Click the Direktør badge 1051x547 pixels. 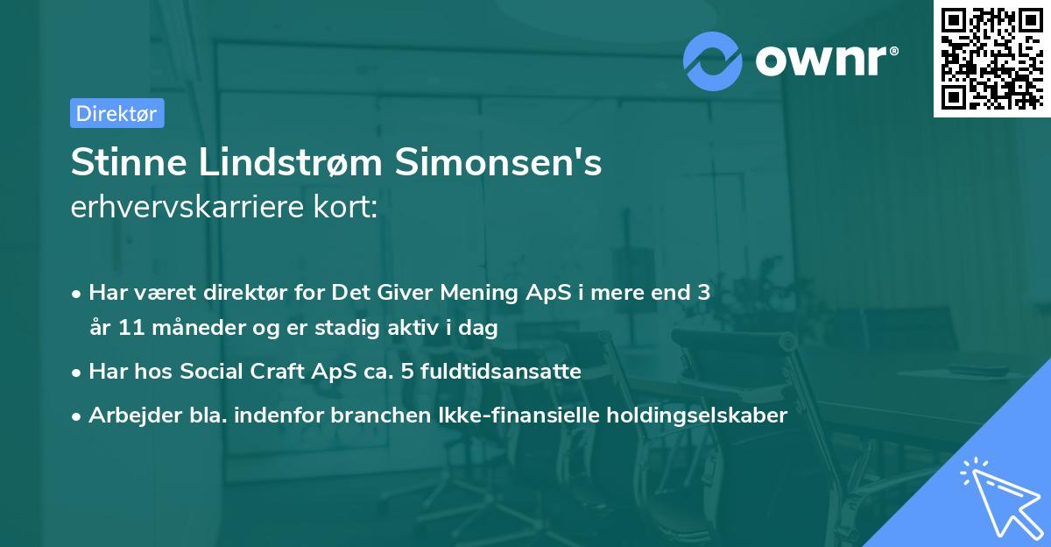coord(116,113)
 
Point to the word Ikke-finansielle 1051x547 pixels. coord(516,416)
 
